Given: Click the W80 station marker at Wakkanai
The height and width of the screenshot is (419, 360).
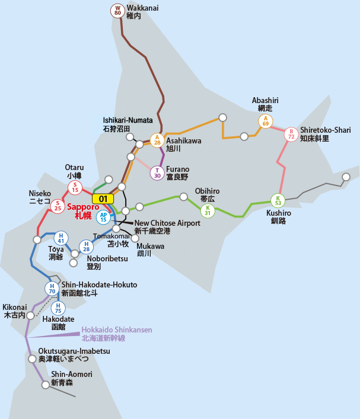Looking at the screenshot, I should (117, 11).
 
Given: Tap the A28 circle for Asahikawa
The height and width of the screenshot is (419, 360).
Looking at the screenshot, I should (157, 140).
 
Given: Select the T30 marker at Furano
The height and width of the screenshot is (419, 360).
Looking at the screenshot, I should (157, 173).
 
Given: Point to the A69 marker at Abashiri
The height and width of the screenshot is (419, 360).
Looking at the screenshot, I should (265, 121).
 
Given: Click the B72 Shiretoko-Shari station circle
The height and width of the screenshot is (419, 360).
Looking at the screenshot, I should (291, 134).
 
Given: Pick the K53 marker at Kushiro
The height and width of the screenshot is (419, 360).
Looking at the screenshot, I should (278, 200).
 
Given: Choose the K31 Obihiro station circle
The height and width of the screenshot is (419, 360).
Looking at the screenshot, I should (208, 210).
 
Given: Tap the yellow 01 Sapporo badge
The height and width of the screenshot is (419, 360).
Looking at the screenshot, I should (103, 199).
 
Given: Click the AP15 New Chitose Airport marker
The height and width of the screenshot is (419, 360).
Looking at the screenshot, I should (104, 217).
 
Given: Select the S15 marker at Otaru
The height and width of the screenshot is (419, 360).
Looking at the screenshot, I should (75, 188).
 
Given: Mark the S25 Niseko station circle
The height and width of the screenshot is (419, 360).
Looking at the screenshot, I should (58, 206).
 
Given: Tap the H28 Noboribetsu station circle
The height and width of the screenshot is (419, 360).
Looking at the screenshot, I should (86, 247).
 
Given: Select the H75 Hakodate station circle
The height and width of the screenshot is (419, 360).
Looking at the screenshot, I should (58, 308).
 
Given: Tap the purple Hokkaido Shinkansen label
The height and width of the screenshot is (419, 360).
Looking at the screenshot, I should (117, 334).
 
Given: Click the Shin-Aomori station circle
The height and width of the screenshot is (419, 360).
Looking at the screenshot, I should (46, 385).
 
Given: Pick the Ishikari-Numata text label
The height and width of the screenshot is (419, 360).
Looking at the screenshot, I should (128, 124).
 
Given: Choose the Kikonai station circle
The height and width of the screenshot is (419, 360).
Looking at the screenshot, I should (31, 315).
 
